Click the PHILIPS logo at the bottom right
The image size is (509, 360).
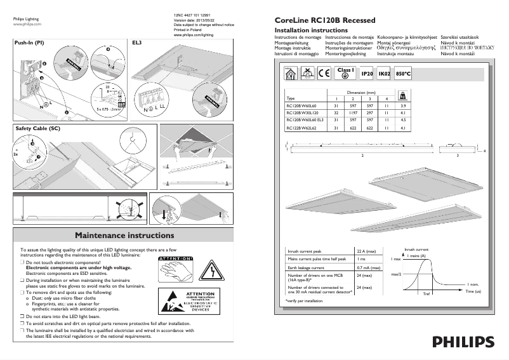coord(463,342)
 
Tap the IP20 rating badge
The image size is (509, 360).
coord(366,74)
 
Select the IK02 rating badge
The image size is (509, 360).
coord(384,74)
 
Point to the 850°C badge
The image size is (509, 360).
coord(403,74)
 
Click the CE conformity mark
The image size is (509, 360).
coord(324,74)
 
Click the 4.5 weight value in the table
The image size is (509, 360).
coord(404,119)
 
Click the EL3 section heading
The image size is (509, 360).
coord(136,43)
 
